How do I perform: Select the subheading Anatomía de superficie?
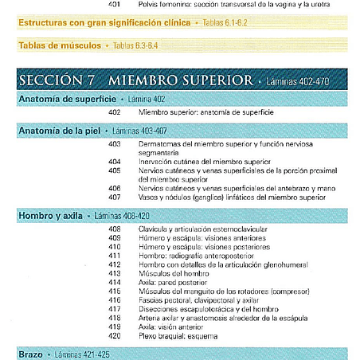tap(62, 99)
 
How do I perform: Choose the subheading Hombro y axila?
tap(50, 215)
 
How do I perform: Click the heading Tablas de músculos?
tap(57, 45)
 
